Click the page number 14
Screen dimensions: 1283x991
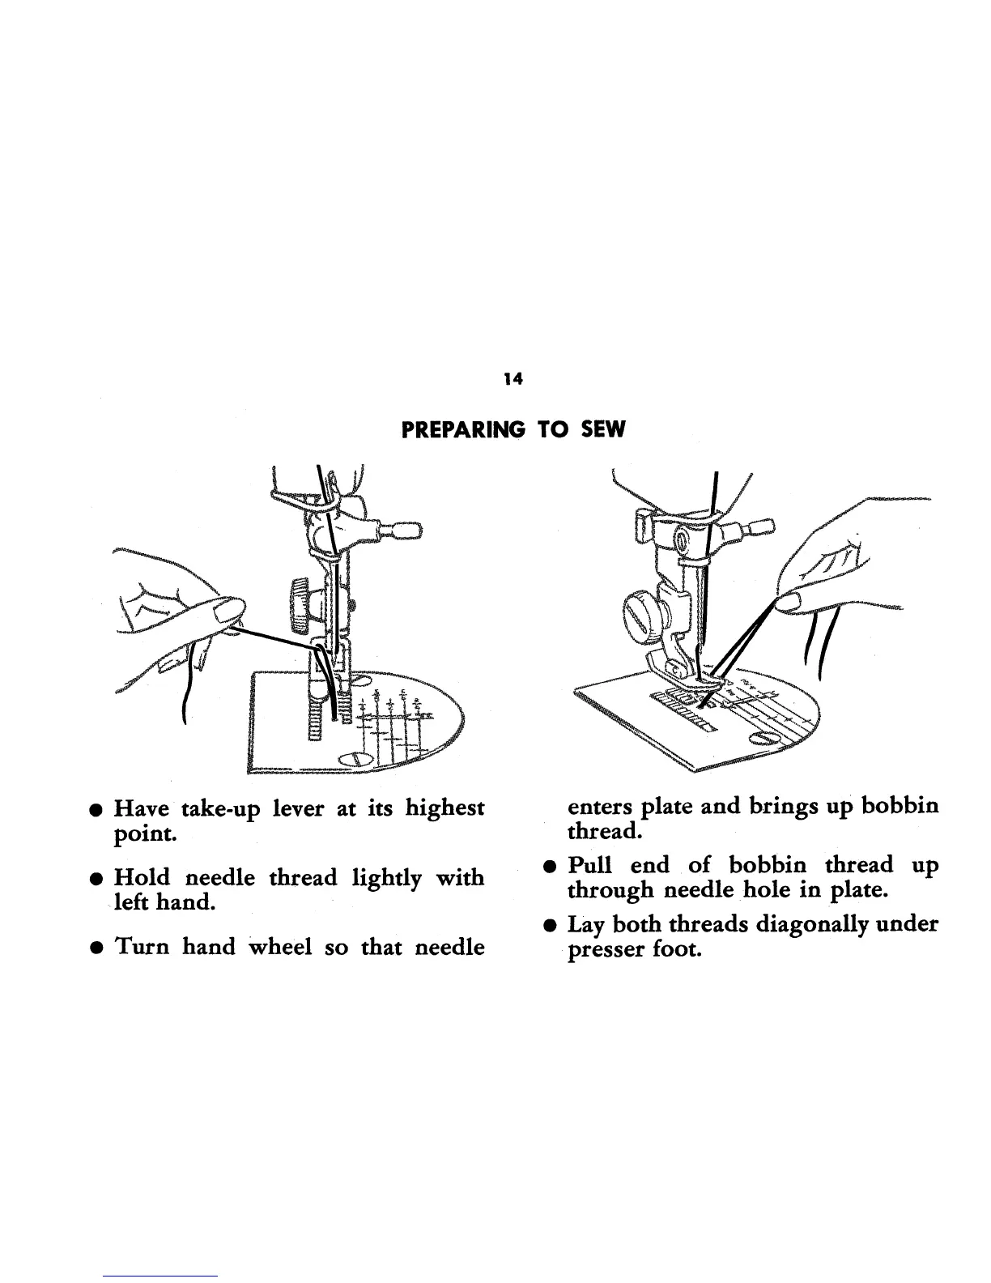coord(510,377)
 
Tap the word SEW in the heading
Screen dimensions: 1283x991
coord(603,430)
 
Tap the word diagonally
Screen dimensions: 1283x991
coord(811,924)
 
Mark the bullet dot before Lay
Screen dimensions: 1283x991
coord(551,925)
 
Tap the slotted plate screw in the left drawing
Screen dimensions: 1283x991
coord(355,758)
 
